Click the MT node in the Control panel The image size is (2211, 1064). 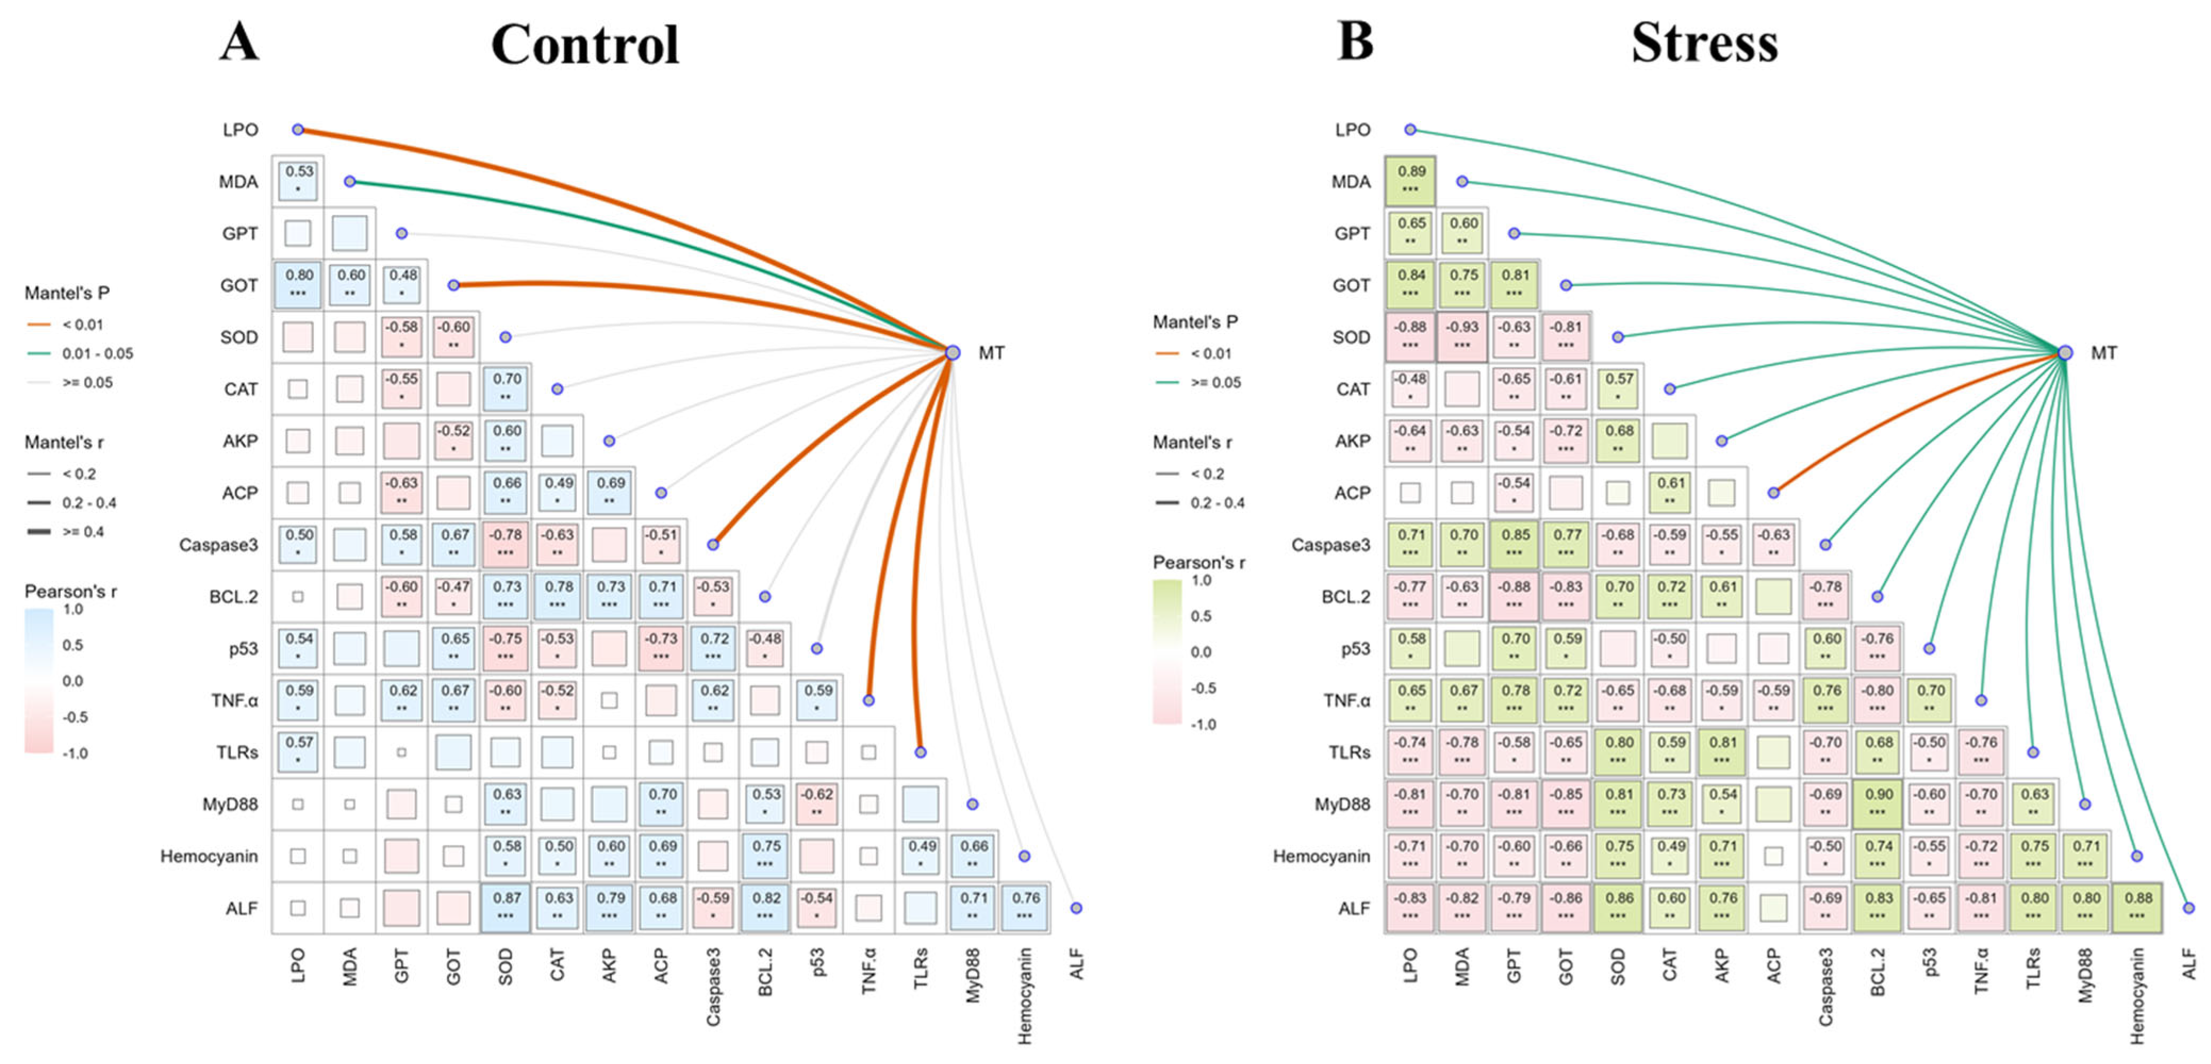point(952,353)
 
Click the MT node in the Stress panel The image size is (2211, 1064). point(2065,353)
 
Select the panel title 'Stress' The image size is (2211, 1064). point(1704,43)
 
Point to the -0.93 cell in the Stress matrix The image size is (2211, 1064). point(1462,336)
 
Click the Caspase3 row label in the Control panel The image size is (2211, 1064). point(218,545)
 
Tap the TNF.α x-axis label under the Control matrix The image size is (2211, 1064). point(868,970)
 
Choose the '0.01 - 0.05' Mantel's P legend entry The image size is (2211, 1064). point(97,354)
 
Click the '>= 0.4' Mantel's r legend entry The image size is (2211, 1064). point(82,532)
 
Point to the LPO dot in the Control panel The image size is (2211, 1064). point(298,130)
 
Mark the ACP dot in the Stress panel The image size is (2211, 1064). point(1773,493)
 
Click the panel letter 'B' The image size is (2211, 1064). point(1355,41)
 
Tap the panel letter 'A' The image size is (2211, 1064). point(238,41)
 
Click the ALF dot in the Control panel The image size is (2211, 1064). point(1075,908)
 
